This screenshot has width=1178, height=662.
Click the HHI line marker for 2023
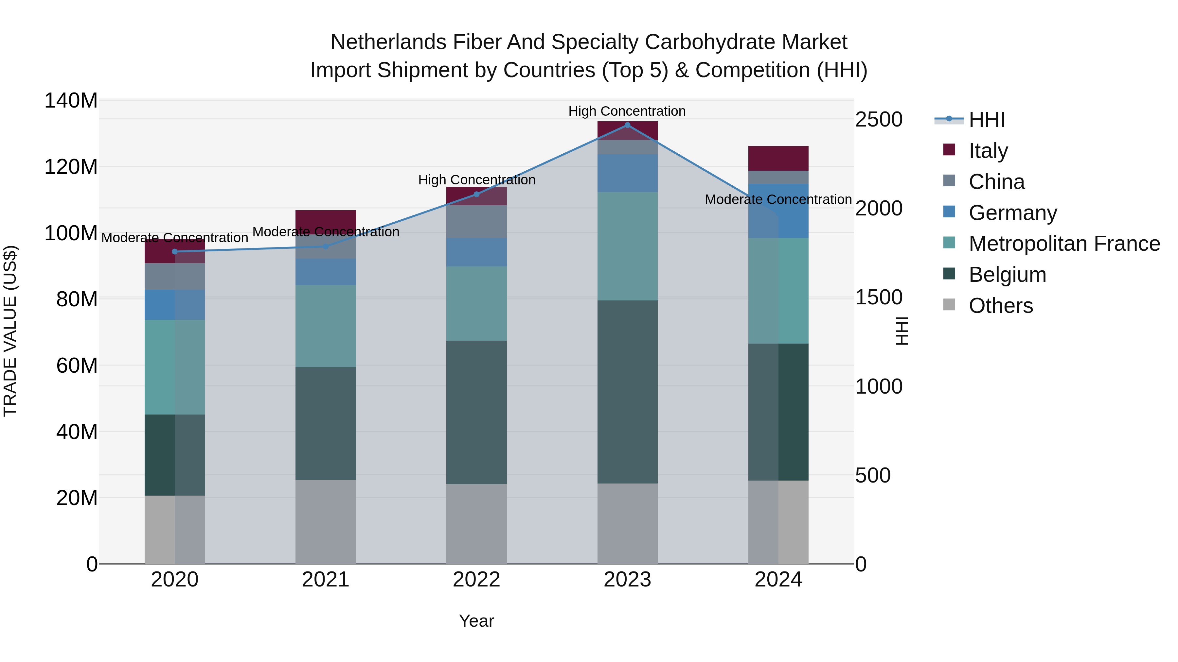pos(627,125)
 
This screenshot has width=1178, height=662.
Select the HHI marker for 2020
pos(175,252)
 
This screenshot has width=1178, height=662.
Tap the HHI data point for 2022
pos(476,194)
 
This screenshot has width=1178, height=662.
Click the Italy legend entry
pos(988,150)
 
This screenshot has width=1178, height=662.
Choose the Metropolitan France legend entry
pos(1064,244)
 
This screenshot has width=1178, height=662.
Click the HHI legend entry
pos(986,120)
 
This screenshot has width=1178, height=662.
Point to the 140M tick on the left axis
pos(71,100)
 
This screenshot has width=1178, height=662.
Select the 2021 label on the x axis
pos(326,580)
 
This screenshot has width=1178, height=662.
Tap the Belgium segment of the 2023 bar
pos(627,392)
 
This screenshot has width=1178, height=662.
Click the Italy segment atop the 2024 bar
pos(778,158)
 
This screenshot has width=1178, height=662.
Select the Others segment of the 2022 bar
pos(476,524)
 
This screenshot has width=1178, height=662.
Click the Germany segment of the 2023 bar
pos(627,173)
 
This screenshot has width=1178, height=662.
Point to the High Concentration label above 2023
pos(627,111)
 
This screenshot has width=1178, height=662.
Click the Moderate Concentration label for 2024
pos(778,200)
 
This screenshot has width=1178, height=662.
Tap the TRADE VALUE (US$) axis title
pos(10,331)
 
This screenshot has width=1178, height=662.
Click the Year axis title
pos(476,621)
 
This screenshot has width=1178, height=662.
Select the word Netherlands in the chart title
pos(388,42)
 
